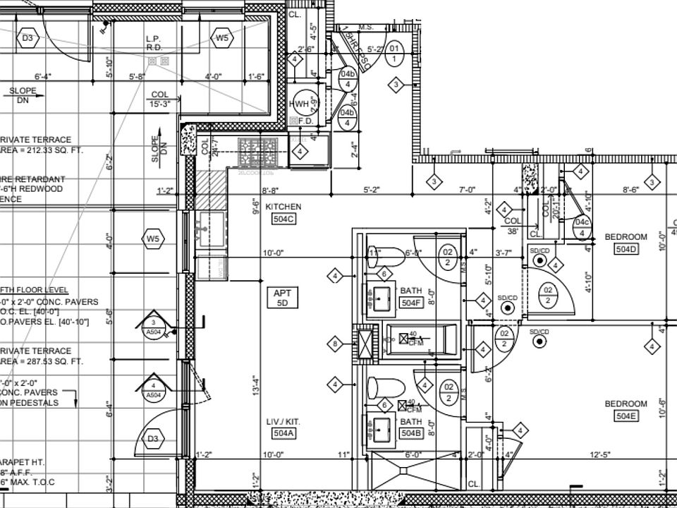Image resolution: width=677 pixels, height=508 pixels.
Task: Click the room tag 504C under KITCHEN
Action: [283, 219]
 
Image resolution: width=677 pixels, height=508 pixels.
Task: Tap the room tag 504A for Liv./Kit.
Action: [283, 433]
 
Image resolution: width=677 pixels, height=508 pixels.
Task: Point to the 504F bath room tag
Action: [410, 303]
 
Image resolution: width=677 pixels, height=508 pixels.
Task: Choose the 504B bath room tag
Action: [410, 433]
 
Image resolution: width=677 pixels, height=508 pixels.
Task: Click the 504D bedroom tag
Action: [626, 248]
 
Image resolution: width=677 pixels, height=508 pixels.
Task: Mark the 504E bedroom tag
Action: [626, 416]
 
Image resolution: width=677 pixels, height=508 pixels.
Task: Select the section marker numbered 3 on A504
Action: [153, 327]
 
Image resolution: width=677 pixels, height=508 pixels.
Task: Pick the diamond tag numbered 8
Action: [336, 344]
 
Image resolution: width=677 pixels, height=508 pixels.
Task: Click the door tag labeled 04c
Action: [582, 223]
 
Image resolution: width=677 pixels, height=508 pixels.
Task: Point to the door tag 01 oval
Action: [394, 53]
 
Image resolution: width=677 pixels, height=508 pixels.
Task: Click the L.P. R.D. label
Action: [155, 43]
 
